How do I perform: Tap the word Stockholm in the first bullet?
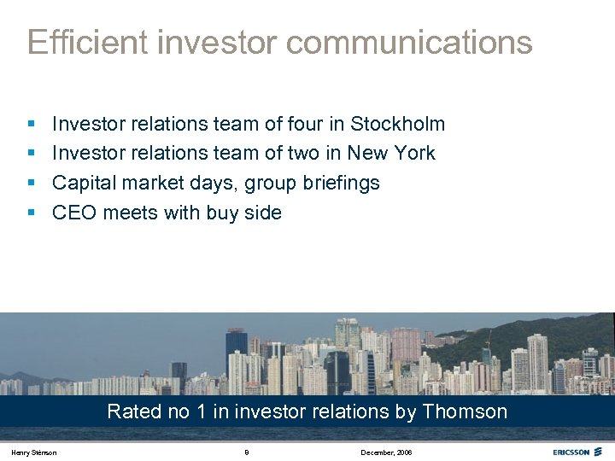[x=398, y=124]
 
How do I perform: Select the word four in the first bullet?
[x=303, y=124]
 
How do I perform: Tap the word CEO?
[x=74, y=213]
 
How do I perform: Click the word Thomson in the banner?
[x=465, y=411]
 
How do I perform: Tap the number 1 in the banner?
[x=201, y=411]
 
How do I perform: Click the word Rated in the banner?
[x=134, y=411]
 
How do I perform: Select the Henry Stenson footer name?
[x=35, y=452]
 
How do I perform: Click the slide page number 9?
[x=246, y=452]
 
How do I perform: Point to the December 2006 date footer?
[x=386, y=452]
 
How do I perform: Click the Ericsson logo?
[x=577, y=452]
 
